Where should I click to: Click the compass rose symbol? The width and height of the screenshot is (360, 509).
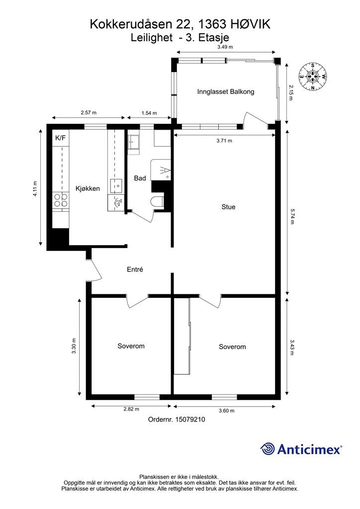click(313, 76)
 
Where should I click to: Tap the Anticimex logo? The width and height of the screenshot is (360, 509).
click(301, 449)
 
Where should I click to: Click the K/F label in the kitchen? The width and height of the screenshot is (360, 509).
click(60, 138)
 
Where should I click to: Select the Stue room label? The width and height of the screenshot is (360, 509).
click(228, 207)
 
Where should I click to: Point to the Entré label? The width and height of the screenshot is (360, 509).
click(135, 269)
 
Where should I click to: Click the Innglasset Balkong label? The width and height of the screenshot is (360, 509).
click(226, 91)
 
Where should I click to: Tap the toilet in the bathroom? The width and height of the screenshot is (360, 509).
click(158, 201)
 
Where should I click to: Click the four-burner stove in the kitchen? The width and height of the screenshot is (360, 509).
click(61, 200)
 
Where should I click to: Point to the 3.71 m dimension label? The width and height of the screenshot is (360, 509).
click(224, 141)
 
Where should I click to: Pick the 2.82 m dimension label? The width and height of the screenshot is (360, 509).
click(131, 409)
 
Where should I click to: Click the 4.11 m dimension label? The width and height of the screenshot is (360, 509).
click(35, 189)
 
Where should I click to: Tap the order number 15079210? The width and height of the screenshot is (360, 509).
click(190, 420)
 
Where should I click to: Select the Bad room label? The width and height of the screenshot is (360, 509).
click(140, 178)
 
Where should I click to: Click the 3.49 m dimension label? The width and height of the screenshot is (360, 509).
click(225, 47)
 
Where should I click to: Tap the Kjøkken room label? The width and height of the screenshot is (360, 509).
click(88, 188)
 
